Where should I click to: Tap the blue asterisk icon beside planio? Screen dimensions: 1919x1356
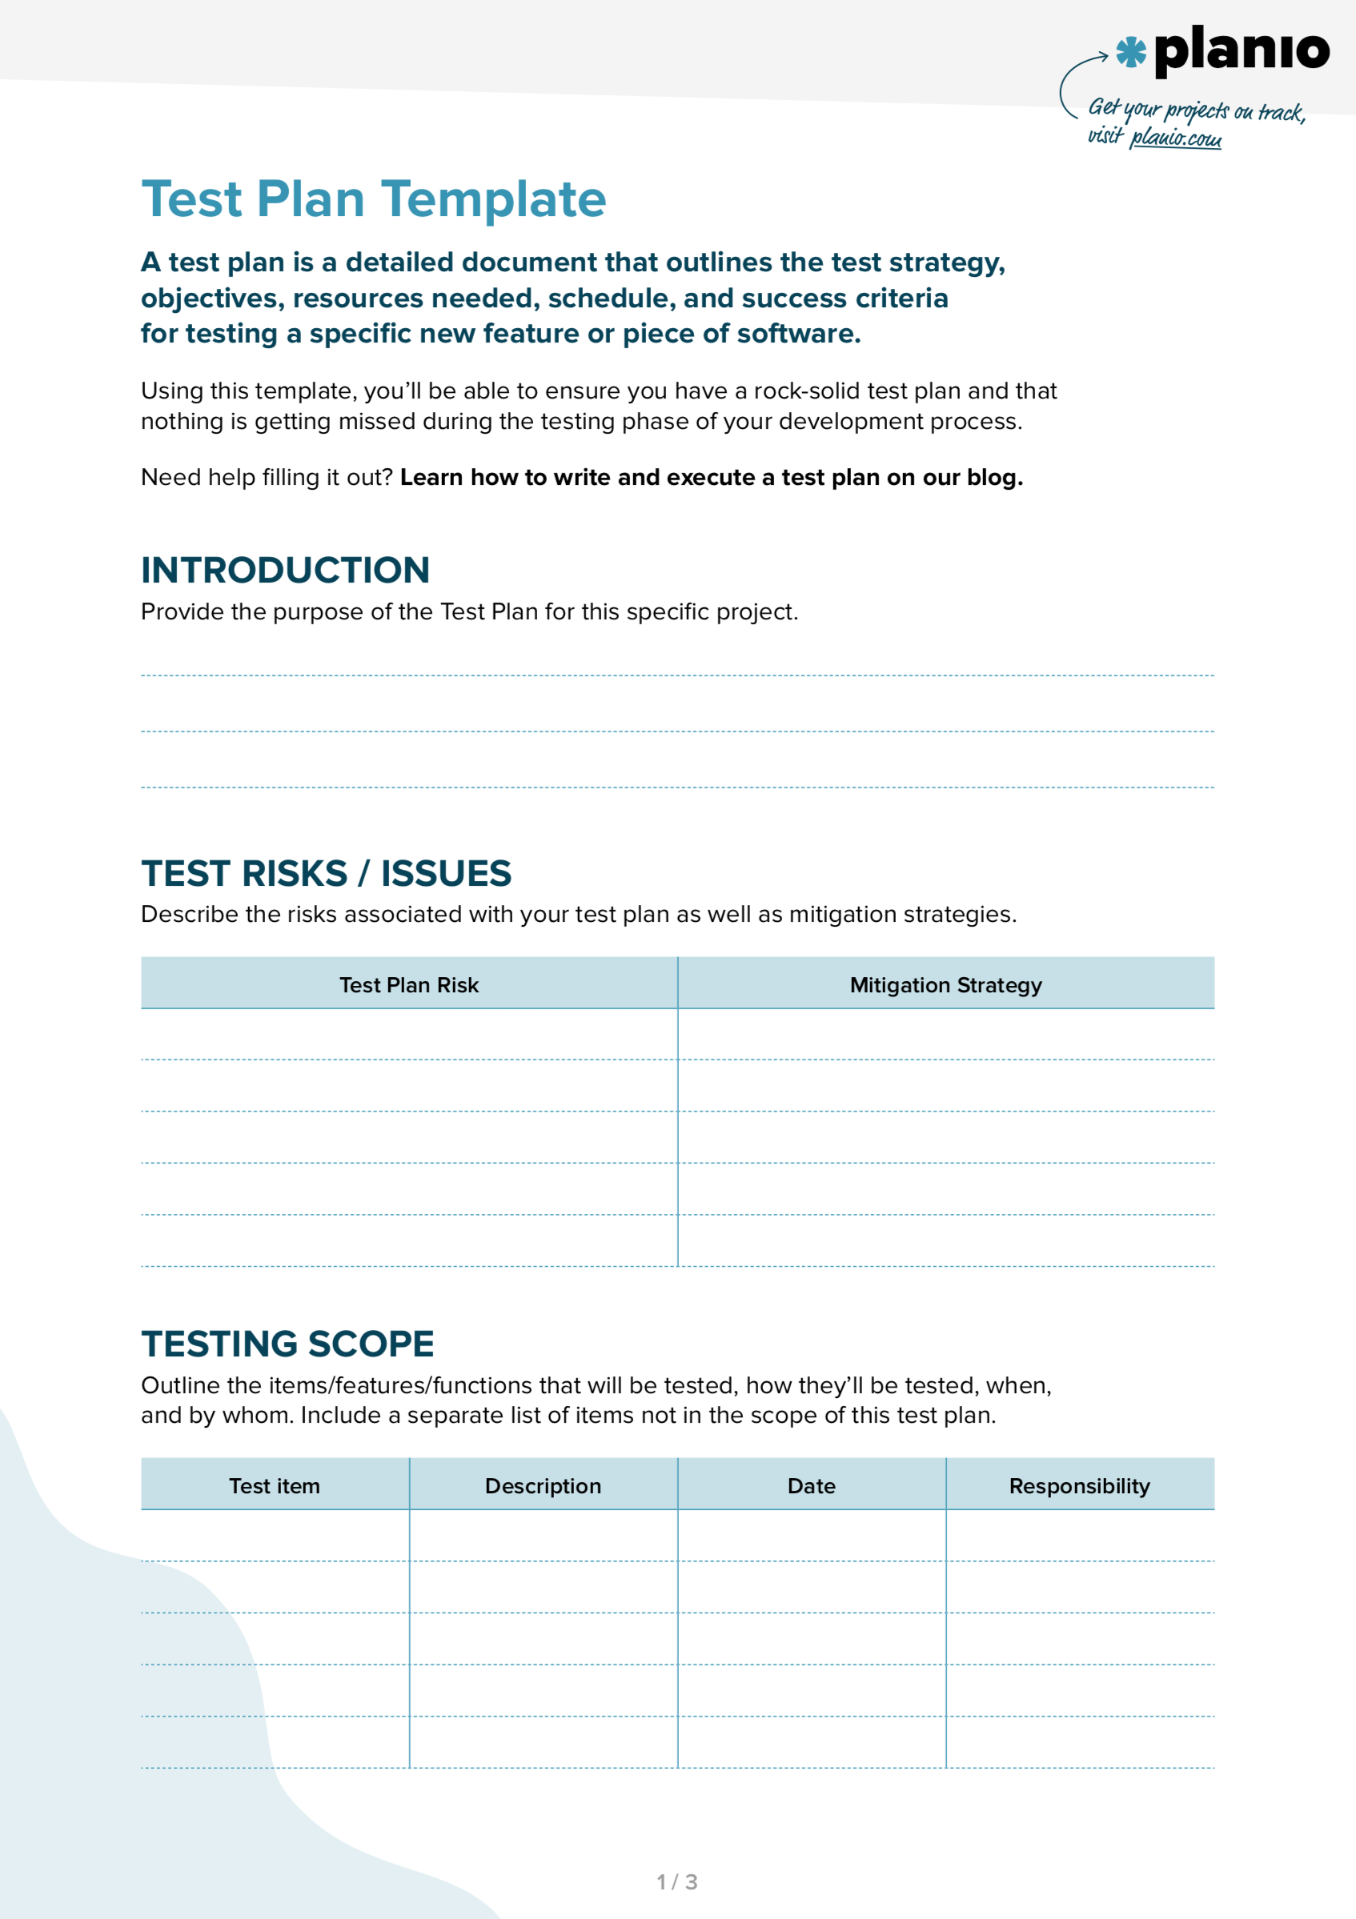pos(1130,52)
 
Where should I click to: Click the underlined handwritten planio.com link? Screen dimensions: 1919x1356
pos(1174,138)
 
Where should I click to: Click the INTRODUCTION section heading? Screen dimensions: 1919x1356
pos(285,570)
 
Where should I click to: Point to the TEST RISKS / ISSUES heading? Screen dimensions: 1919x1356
pos(326,873)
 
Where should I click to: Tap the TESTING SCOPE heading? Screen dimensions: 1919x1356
pos(287,1344)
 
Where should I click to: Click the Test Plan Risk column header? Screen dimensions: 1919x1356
pos(409,984)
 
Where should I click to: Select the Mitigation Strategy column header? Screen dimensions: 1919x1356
pos(945,984)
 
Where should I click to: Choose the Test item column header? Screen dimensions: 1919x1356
pos(275,1485)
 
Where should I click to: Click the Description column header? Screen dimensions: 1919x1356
pos(543,1485)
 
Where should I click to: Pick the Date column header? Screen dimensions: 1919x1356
pos(811,1485)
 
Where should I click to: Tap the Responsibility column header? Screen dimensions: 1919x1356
pos(1079,1485)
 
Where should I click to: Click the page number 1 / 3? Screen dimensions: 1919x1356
pos(677,1881)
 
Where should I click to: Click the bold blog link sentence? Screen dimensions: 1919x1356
pos(712,477)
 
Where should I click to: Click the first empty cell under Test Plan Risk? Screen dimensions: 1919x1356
pos(409,1035)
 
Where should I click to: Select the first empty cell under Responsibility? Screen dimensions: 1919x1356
pos(1079,1536)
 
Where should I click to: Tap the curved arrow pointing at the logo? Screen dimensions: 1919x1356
pos(1074,79)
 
